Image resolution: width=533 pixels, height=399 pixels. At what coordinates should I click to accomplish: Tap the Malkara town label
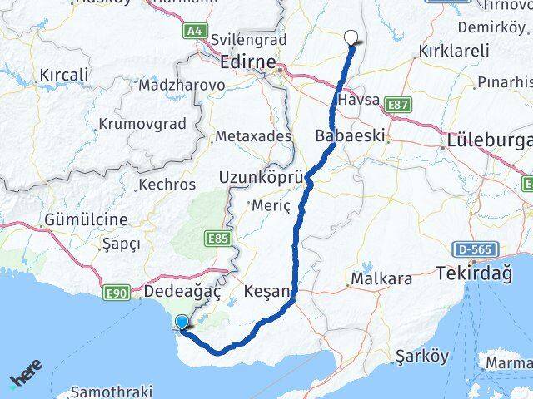tap(381, 279)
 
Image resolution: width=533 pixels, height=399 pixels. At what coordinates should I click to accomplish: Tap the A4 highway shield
tap(195, 31)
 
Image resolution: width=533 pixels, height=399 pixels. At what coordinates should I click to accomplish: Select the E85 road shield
tap(216, 239)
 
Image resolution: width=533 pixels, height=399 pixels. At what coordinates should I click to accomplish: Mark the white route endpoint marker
tap(352, 37)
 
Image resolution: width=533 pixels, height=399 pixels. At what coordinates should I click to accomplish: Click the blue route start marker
tap(182, 322)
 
